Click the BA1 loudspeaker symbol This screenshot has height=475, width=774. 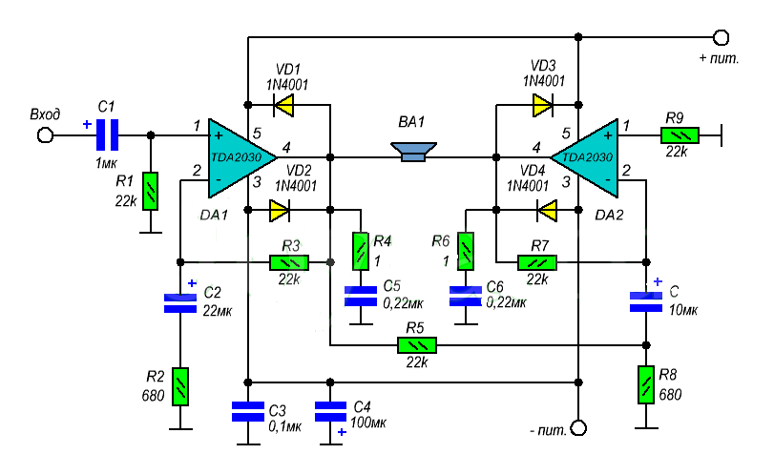click(x=414, y=152)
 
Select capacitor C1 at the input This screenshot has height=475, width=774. click(x=108, y=134)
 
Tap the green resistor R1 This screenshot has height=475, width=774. click(x=150, y=189)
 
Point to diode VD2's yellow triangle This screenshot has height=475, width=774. click(x=280, y=209)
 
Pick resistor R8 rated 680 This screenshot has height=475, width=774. click(x=646, y=384)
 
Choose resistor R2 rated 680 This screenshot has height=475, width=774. click(x=180, y=386)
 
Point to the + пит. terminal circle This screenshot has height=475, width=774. click(x=722, y=37)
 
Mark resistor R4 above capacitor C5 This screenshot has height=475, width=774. click(x=361, y=251)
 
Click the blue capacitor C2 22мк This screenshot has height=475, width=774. click(x=180, y=302)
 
